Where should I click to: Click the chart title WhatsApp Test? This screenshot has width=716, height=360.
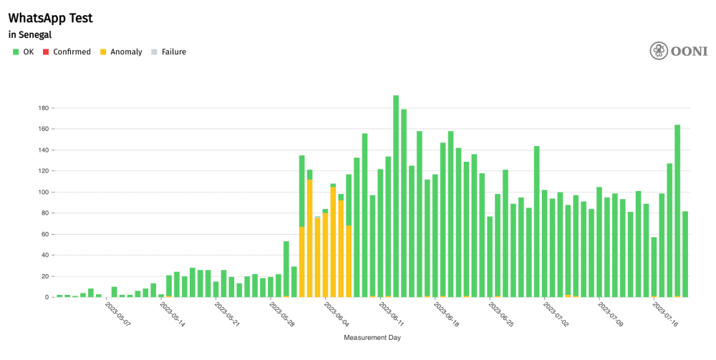[50, 18]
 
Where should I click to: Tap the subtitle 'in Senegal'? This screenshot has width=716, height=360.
[30, 34]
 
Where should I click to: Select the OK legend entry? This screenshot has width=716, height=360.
[24, 52]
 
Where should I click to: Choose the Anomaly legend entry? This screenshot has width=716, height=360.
[121, 52]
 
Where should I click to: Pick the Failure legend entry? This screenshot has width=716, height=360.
[169, 52]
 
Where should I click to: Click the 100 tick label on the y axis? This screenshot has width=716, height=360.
[42, 193]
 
